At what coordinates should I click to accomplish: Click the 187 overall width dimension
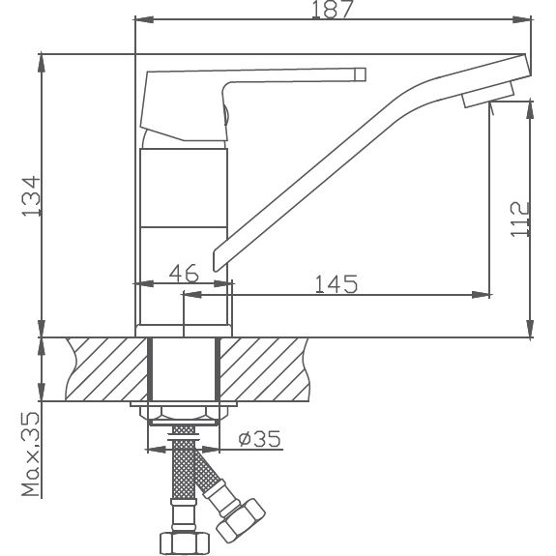pos(332,10)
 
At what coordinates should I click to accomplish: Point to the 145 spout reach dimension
pos(336,283)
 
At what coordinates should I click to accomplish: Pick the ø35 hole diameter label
pos(258,440)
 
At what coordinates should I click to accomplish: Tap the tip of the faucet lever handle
pos(361,73)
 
